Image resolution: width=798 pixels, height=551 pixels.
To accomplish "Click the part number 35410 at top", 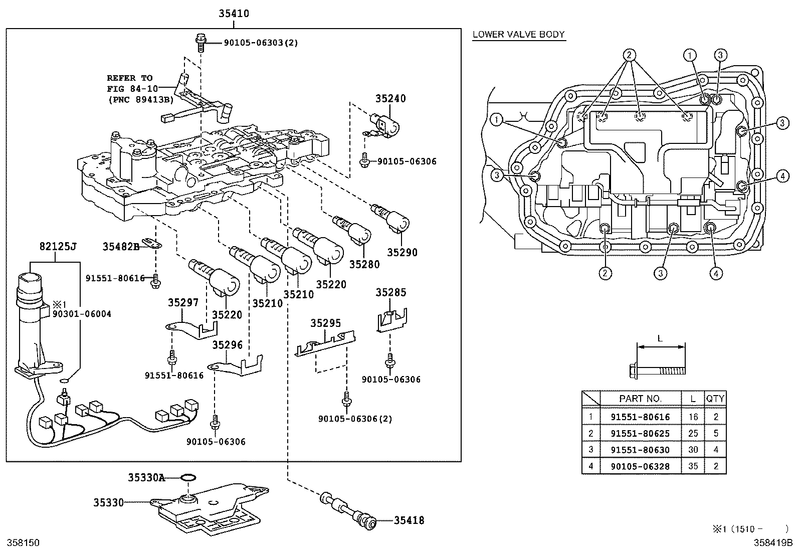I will point(233,14).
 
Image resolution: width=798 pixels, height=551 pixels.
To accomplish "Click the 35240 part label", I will point(390,98).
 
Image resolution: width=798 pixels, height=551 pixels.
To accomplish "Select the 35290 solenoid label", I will point(402,253).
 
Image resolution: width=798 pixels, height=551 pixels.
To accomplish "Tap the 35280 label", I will point(364,264).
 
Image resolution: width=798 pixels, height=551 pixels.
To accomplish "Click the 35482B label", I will point(120,247).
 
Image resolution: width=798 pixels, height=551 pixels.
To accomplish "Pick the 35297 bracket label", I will point(183,302).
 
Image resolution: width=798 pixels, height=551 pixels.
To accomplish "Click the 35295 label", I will point(325,323).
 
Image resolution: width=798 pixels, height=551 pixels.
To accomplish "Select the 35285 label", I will point(391,292).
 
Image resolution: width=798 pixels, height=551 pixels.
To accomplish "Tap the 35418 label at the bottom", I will point(409,520).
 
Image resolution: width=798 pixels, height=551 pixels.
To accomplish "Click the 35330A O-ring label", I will point(146,478).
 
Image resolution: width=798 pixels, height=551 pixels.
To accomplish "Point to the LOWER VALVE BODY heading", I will point(518,35).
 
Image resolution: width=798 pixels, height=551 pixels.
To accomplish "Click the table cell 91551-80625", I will point(640,433).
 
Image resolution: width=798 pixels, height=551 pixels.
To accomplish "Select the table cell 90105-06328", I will point(640,466).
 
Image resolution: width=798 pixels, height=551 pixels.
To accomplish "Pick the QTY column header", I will point(715,399).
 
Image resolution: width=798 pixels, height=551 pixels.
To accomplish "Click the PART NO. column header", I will point(640,399).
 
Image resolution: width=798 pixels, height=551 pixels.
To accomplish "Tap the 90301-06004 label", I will point(82,314).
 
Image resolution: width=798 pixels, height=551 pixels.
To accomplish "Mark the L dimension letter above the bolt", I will point(660,338).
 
